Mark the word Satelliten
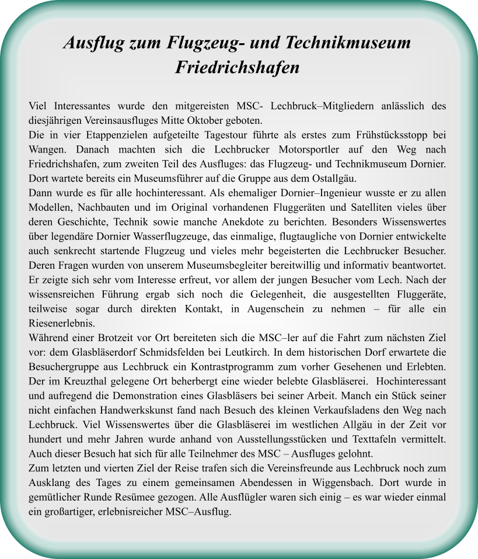coord(374,207)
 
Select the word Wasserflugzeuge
coord(172,237)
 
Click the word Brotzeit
coord(105,338)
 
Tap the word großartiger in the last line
coord(67,512)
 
